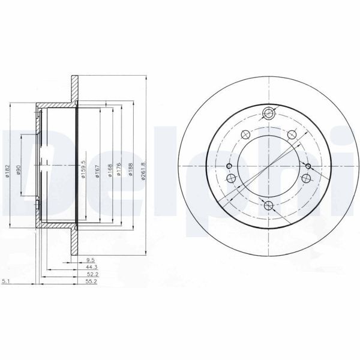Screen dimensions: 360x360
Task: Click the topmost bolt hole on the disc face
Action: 269,112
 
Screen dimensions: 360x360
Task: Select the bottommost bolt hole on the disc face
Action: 269,207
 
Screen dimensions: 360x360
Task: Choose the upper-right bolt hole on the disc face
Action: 292,134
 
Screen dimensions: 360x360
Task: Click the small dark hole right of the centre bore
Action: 308,166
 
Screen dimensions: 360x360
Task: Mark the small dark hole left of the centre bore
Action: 229,166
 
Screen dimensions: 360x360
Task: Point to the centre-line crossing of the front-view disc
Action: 269,166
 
